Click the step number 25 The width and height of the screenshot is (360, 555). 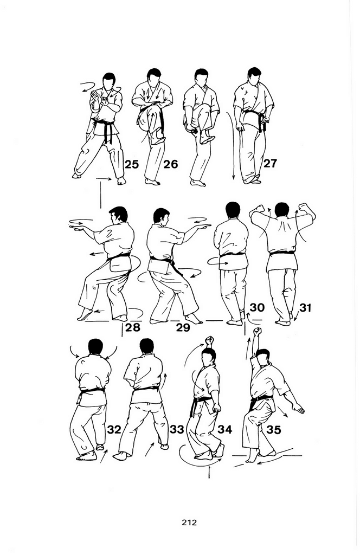[x=131, y=164]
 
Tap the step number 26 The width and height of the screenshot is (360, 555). [x=171, y=164]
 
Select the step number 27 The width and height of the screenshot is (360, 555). [x=270, y=163]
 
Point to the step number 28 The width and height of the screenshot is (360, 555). [x=133, y=327]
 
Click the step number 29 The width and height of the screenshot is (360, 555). [x=183, y=327]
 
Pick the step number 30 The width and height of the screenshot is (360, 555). [x=257, y=308]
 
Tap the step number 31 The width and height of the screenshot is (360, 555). [x=305, y=308]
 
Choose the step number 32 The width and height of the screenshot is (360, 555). [x=114, y=430]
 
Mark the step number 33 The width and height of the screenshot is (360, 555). [x=177, y=430]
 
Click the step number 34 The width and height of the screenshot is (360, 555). [x=225, y=430]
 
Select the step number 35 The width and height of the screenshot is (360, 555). [x=273, y=430]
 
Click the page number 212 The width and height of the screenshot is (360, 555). [x=189, y=522]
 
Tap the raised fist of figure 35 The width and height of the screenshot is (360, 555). [x=258, y=332]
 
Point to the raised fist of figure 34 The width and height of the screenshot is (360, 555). [x=210, y=341]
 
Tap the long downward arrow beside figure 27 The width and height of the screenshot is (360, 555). [x=233, y=145]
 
